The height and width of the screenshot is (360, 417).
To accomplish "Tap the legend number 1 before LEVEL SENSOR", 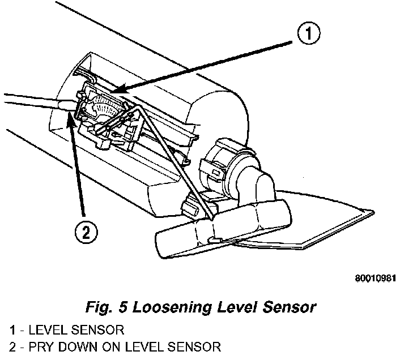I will [x=12, y=329].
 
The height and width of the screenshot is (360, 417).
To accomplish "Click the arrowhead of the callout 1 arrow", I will [x=113, y=91].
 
